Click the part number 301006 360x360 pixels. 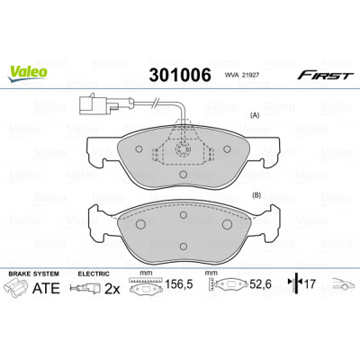coord(180,75)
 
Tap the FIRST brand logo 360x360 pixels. coord(324,76)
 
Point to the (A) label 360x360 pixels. coord(256,115)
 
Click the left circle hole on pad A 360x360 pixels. coord(139,148)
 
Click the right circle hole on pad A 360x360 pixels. coord(227,148)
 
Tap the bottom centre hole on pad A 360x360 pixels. coord(183,175)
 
